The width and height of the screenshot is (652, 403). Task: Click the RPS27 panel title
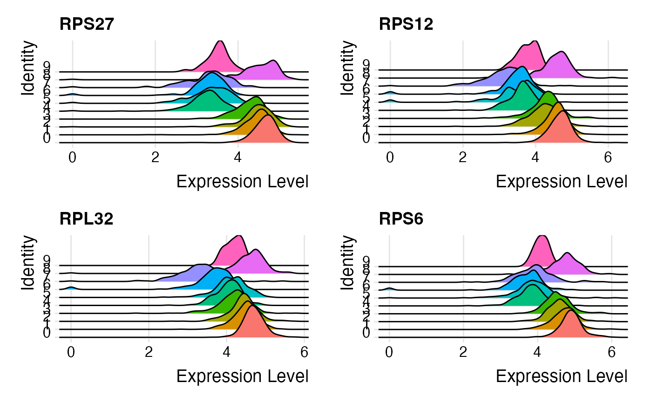tap(87, 24)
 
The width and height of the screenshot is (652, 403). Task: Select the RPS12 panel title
tap(406, 24)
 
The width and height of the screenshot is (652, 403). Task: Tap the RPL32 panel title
tap(87, 219)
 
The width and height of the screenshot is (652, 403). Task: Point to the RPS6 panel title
tap(401, 219)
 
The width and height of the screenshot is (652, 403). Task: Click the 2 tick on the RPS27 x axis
tap(155, 157)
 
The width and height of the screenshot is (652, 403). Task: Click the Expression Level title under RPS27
tap(242, 182)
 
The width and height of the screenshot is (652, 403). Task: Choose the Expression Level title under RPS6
tap(562, 376)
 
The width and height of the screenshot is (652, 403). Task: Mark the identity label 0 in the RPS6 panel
tap(367, 333)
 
